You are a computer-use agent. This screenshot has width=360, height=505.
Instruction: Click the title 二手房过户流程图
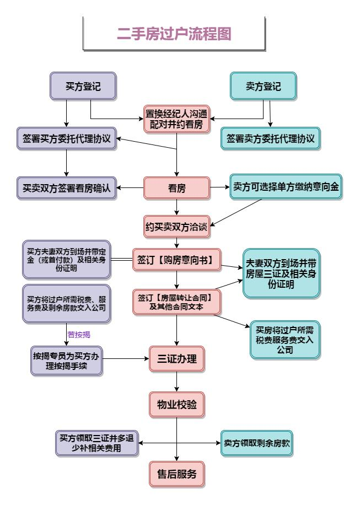coord(174,34)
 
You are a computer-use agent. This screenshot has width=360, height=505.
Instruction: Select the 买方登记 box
coord(83,87)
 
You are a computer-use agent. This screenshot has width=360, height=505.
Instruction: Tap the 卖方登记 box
coord(263,87)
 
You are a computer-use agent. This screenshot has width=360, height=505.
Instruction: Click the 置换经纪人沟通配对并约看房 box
coord(176,119)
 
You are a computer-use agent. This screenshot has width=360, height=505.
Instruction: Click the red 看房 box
coord(176,188)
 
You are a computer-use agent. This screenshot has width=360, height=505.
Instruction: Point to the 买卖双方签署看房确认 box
coord(66,188)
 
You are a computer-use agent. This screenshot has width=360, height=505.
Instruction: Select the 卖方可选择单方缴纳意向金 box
coord(286,186)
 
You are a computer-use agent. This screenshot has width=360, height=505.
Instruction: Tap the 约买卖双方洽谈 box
coord(176,227)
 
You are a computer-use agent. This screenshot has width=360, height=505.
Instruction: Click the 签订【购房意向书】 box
coord(176,258)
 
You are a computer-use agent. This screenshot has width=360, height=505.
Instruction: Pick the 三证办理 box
coord(176,358)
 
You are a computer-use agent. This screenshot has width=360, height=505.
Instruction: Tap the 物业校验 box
coord(176,405)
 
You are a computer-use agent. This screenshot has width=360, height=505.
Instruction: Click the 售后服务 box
coord(176,474)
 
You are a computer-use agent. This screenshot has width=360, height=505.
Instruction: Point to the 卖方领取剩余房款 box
coord(257,443)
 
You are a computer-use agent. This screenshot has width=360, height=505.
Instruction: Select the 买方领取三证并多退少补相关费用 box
coord(96,443)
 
